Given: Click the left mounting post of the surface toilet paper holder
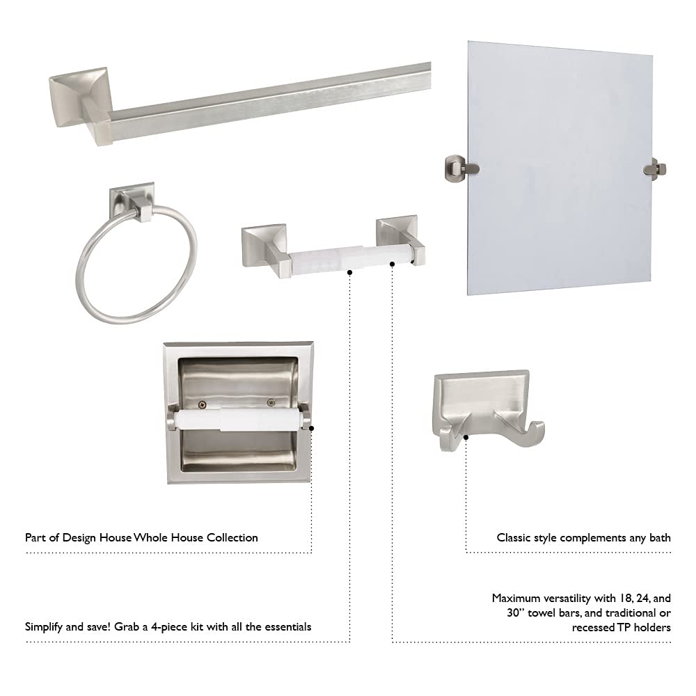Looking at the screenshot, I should pos(261,244).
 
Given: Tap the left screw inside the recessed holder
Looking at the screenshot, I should pos(202,403).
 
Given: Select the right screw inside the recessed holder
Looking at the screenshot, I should pos(271,402).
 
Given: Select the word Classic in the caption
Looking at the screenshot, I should pos(515,537).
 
